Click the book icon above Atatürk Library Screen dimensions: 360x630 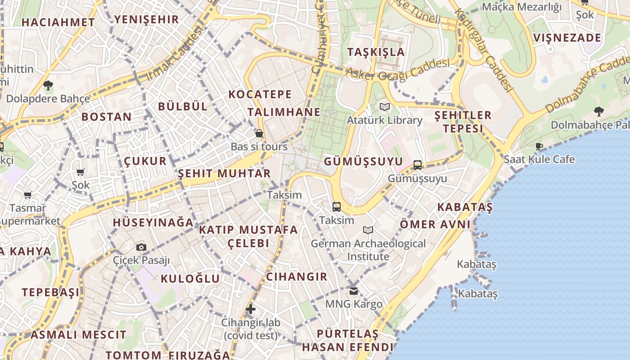click(384, 107)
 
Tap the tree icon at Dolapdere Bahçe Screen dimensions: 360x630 click(48, 85)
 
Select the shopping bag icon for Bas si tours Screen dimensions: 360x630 click(259, 133)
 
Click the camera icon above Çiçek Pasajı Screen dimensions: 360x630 click(141, 247)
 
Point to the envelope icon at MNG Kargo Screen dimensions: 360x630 click(354, 291)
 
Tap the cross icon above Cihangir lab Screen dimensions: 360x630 click(251, 309)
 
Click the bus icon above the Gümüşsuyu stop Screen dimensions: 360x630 click(418, 165)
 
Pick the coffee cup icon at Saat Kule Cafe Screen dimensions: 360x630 click(539, 146)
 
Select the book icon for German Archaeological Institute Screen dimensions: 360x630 click(368, 230)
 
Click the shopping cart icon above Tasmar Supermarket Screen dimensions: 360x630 click(28, 195)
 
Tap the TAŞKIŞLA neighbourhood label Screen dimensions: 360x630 click(376, 52)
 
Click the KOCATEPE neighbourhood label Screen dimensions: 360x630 click(260, 94)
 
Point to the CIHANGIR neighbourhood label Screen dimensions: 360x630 click(297, 276)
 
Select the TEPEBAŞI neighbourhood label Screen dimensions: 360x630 click(51, 292)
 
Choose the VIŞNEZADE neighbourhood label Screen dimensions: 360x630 click(567, 37)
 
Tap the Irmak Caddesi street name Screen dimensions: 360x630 click(175, 54)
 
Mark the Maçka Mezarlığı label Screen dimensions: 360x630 click(522, 7)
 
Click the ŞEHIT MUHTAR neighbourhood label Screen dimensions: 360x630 click(224, 173)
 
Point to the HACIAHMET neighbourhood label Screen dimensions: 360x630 click(58, 22)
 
